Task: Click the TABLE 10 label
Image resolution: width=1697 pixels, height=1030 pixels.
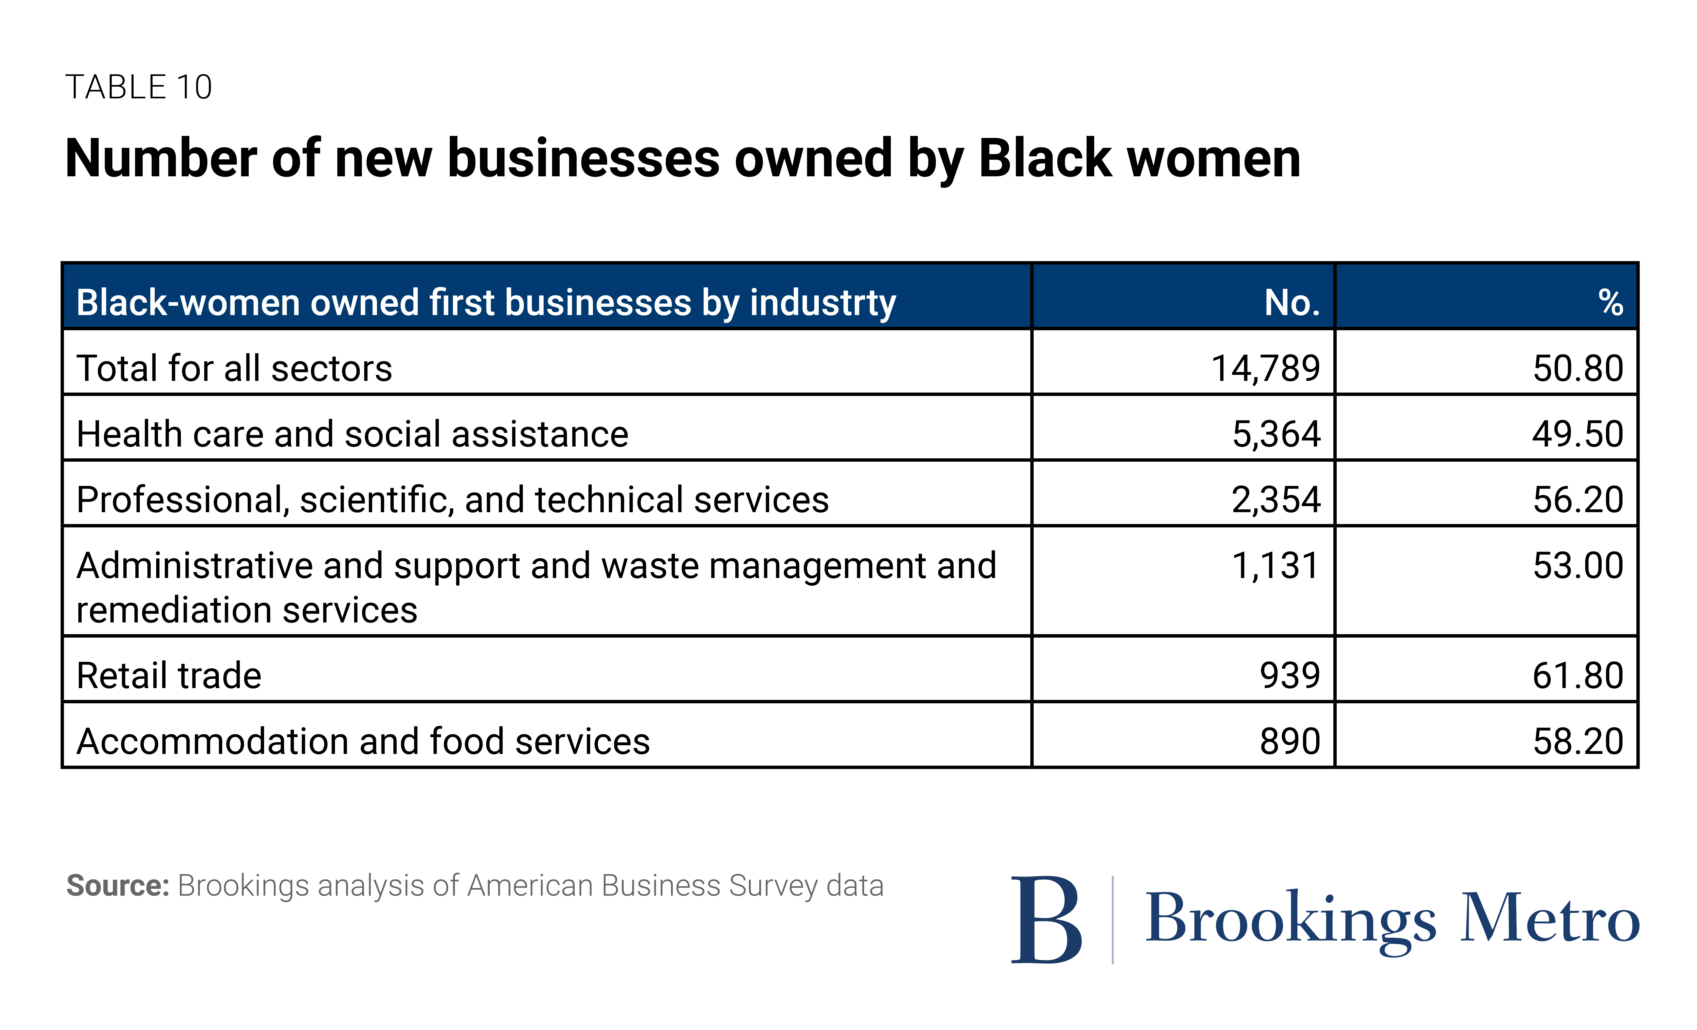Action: [138, 87]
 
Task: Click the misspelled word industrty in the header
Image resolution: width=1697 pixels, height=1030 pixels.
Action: [823, 303]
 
